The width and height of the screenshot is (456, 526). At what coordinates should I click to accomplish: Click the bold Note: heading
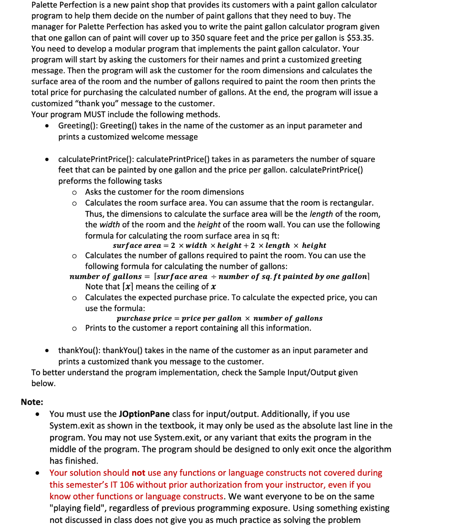point(32,402)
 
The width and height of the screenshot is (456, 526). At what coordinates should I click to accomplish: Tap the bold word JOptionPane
point(144,414)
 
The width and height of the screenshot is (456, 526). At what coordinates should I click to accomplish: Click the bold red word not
point(138,473)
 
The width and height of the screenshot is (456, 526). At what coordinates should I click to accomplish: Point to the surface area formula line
point(219,246)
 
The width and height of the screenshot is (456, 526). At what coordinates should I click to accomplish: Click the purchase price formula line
point(219,318)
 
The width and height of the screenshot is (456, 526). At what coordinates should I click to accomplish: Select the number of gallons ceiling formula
point(219,277)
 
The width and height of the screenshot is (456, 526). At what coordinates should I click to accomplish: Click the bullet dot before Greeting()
point(47,126)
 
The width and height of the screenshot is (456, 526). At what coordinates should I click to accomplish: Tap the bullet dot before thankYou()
point(47,351)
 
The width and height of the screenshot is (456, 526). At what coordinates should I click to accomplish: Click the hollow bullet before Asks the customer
point(74,193)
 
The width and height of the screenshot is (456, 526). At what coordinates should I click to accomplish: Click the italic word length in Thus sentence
point(321,214)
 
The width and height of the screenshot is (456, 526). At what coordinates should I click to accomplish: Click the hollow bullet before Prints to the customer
point(74,328)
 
